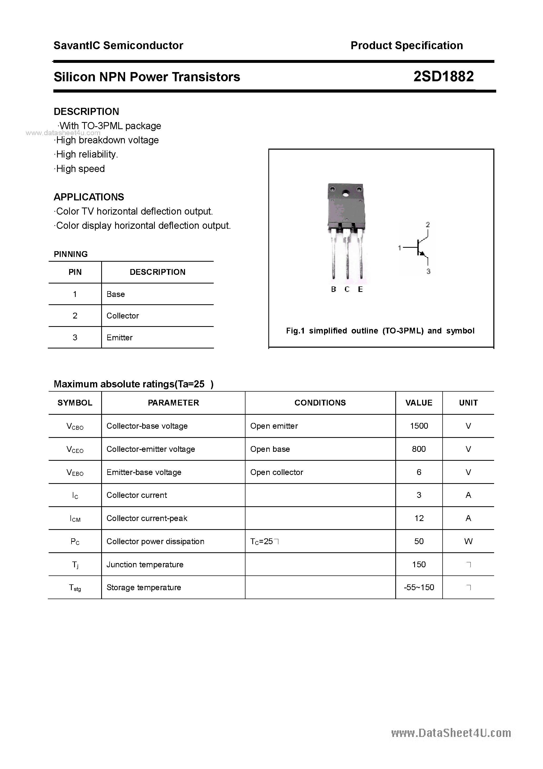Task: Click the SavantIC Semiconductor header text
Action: point(118,45)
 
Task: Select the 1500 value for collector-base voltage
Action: point(419,426)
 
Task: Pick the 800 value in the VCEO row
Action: point(419,449)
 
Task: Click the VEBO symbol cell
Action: point(75,473)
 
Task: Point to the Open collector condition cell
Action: point(276,472)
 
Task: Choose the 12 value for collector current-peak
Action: point(419,518)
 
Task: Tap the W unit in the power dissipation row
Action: point(468,542)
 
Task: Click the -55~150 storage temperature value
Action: point(419,588)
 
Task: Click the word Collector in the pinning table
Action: point(122,316)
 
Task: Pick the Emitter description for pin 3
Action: point(120,338)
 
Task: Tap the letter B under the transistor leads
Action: point(334,289)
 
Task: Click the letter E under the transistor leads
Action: point(360,289)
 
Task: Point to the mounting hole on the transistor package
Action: point(345,194)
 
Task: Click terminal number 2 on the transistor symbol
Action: point(428,225)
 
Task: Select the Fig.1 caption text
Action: point(380,331)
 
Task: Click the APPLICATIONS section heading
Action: point(89,197)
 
